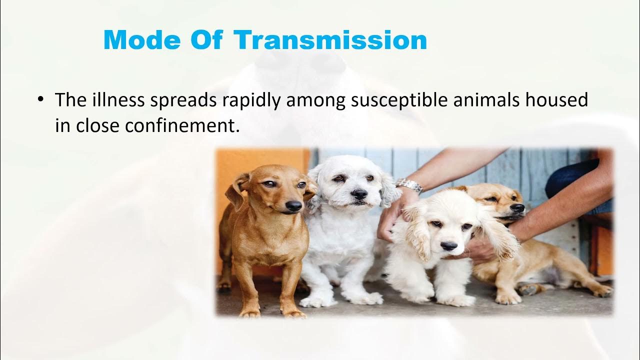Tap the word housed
[x=559, y=100]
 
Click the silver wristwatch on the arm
[x=409, y=186]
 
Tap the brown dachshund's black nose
[x=293, y=205]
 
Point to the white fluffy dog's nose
[x=358, y=193]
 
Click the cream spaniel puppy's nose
[x=448, y=245]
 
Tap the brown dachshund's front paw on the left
[x=250, y=313]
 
